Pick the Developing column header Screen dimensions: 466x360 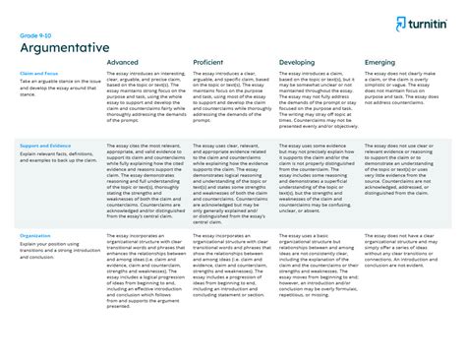[x=298, y=61]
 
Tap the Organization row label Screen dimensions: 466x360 [x=34, y=236]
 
